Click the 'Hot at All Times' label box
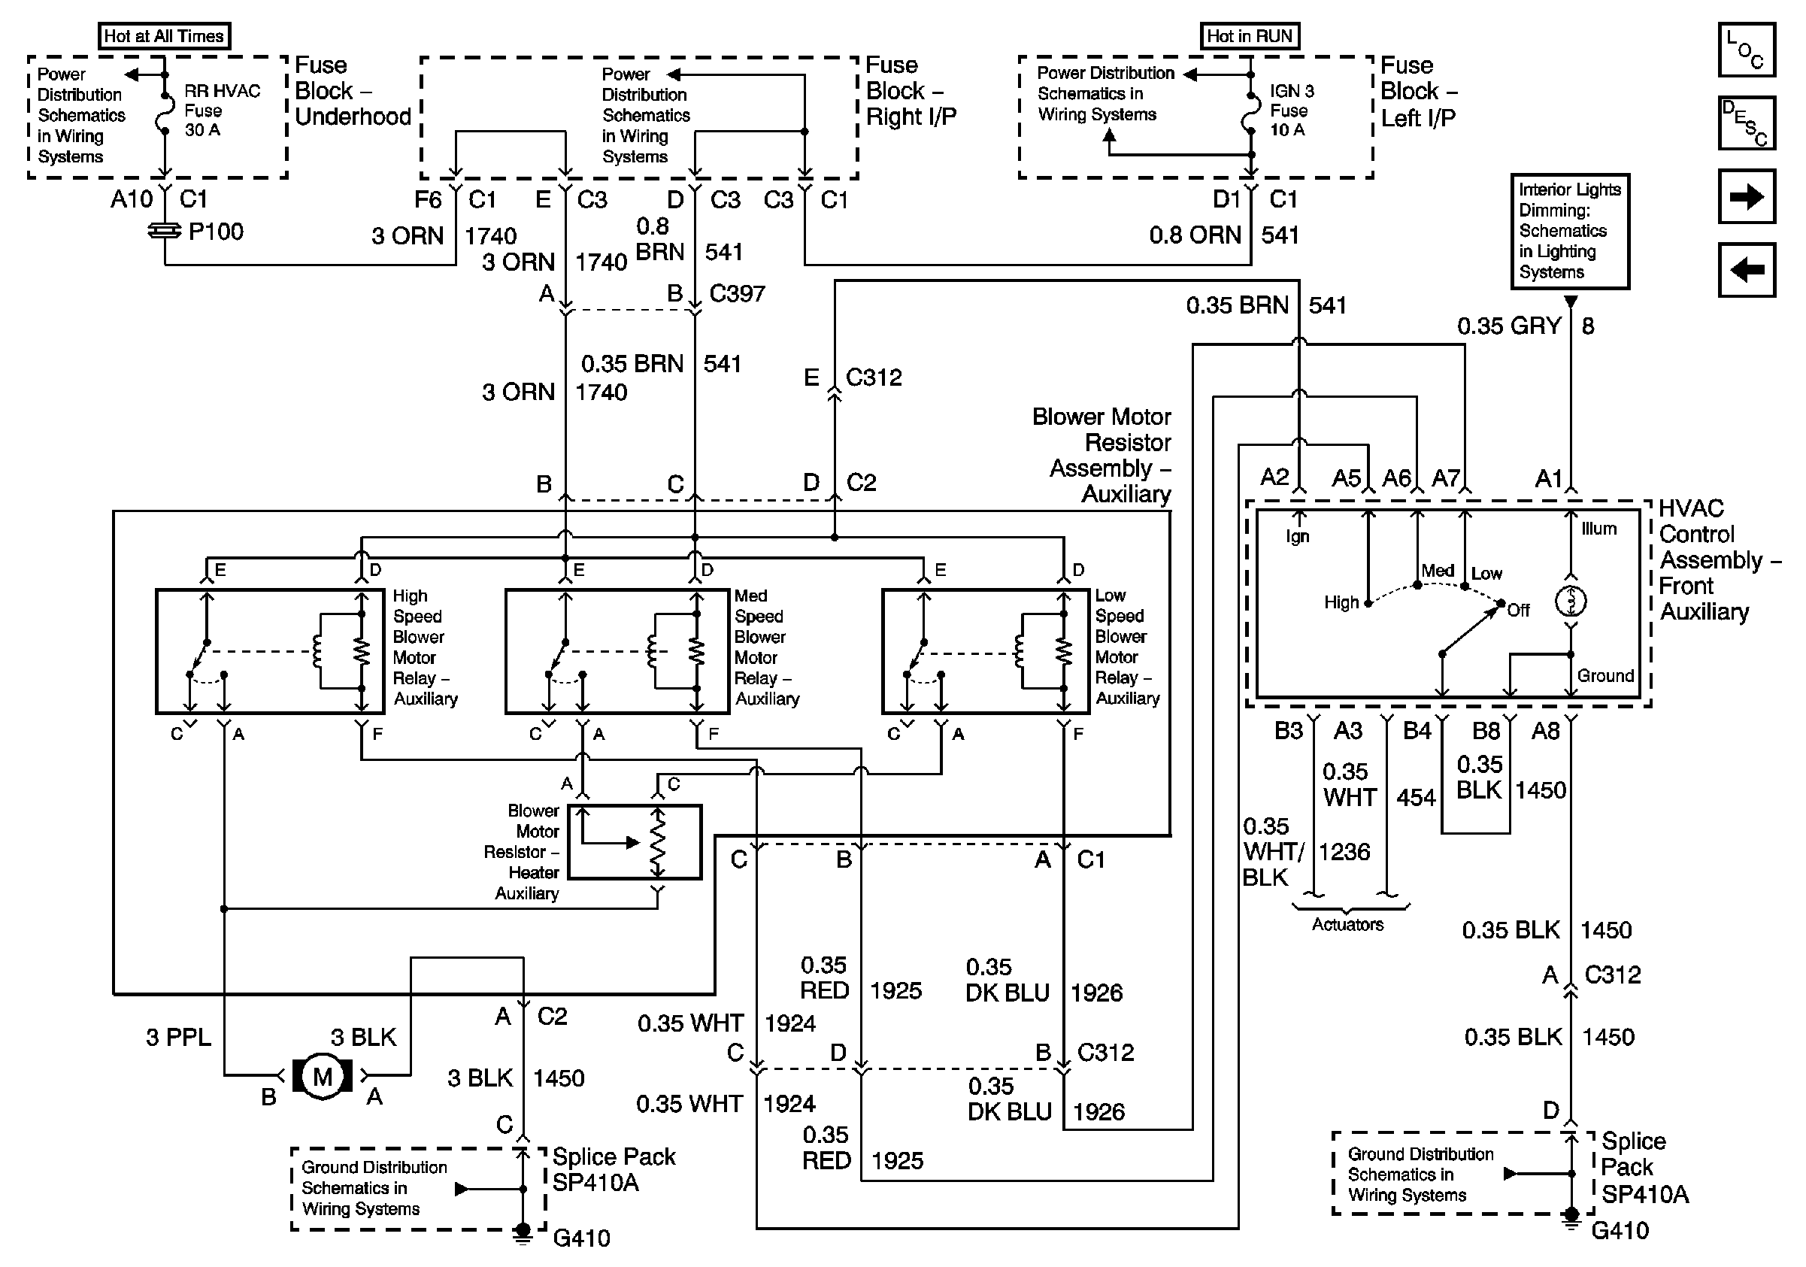[165, 36]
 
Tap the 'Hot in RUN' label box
[1250, 36]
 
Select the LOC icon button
[1746, 50]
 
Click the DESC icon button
[1746, 123]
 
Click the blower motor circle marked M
[323, 1076]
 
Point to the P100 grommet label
[217, 232]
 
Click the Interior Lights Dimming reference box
[1569, 232]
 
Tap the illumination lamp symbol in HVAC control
[1571, 602]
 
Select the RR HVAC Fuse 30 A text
[222, 111]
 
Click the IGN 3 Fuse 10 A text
[1292, 111]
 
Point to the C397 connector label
[737, 293]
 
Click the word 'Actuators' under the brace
[1347, 924]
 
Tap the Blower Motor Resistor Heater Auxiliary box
[635, 841]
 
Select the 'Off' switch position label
[1518, 611]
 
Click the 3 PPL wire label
[178, 1038]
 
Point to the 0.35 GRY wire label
[1509, 326]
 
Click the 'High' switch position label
[1341, 602]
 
